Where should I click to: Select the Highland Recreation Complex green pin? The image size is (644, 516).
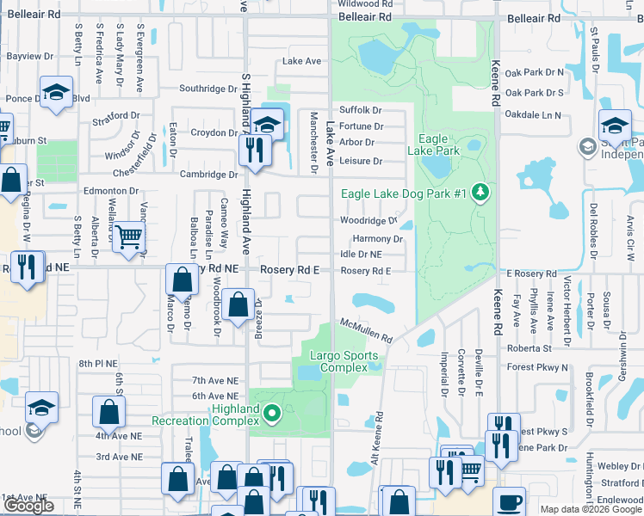pyautogui.click(x=272, y=415)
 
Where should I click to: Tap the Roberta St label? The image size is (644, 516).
pyautogui.click(x=530, y=349)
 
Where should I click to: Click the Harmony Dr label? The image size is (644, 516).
pyautogui.click(x=372, y=238)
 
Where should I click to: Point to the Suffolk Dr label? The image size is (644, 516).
pyautogui.click(x=360, y=110)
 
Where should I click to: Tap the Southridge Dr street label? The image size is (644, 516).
pyautogui.click(x=207, y=89)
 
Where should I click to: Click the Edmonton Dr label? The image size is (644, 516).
pyautogui.click(x=110, y=191)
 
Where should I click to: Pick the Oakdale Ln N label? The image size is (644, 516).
pyautogui.click(x=533, y=114)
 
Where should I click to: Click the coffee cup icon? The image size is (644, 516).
pyautogui.click(x=509, y=501)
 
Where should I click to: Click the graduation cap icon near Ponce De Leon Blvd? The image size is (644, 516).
pyautogui.click(x=56, y=91)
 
